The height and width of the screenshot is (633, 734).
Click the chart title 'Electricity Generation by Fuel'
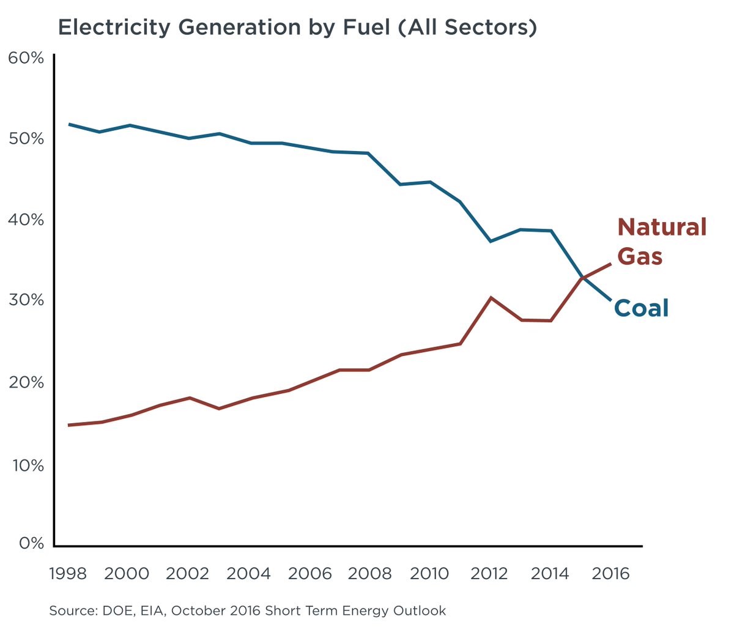coord(297,28)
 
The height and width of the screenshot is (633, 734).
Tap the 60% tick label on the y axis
coord(26,58)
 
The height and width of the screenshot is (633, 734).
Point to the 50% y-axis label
coord(26,139)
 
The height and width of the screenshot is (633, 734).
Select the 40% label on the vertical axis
coord(26,220)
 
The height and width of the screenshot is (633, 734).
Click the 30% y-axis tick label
coord(26,300)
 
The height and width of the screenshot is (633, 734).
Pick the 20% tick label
coord(26,383)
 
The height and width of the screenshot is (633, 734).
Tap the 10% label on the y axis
coord(26,465)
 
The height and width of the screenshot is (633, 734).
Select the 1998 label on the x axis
coord(67,574)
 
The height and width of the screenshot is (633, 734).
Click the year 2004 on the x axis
coord(248,574)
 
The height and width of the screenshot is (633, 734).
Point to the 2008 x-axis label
coord(369,574)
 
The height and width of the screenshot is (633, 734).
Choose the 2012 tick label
coord(491,574)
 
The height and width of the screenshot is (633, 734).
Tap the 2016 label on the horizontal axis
coord(610,574)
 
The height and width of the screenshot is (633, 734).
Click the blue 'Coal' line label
coord(641,308)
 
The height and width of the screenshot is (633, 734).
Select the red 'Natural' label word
coord(662,227)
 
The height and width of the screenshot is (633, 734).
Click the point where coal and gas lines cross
coord(583,278)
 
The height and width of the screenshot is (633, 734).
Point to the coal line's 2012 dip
coord(491,242)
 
